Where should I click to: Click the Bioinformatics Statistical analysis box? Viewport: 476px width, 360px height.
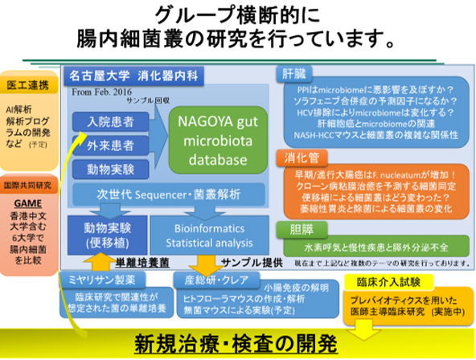(207, 232)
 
